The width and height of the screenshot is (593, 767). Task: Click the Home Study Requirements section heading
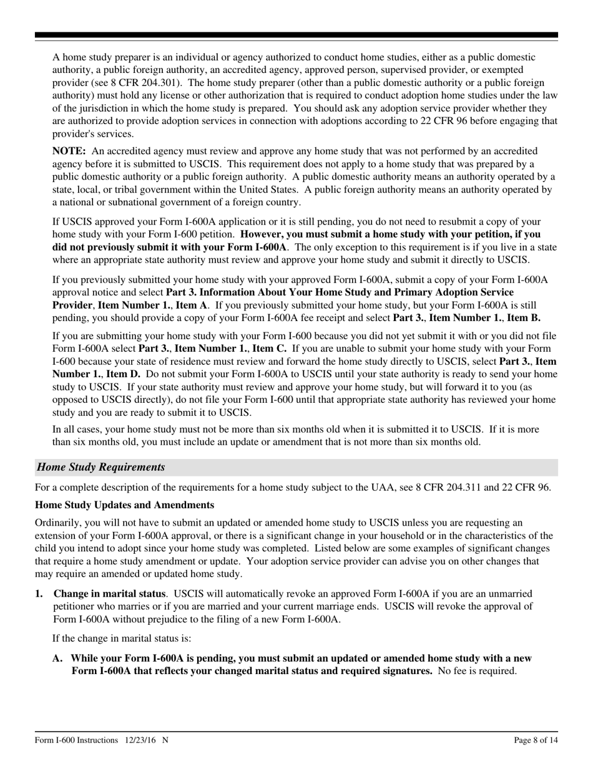point(101,467)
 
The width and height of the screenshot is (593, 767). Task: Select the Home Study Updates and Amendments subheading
point(124,504)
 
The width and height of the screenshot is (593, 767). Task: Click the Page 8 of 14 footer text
point(532,740)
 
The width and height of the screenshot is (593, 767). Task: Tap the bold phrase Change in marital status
point(110,594)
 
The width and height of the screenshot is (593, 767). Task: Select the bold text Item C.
point(269,348)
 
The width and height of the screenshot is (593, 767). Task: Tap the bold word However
point(262,234)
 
